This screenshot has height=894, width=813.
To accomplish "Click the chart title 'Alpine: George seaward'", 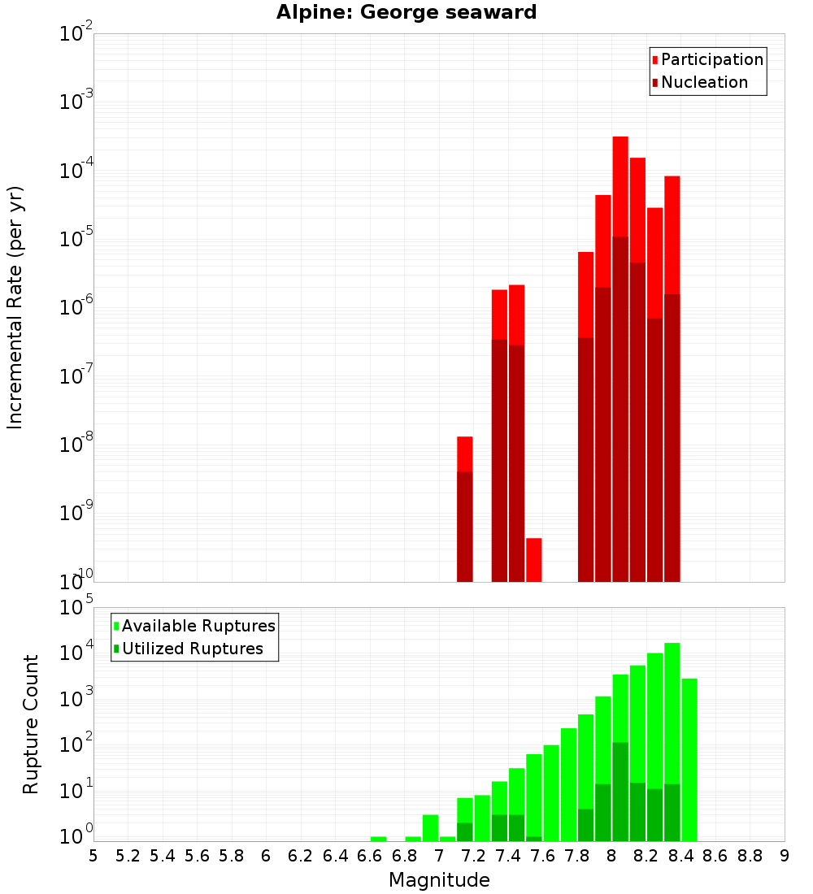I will tap(406, 12).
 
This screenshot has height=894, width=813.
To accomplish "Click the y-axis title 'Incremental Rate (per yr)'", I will tap(15, 307).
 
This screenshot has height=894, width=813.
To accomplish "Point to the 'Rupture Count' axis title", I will tap(31, 723).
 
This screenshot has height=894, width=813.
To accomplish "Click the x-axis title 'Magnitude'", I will tap(439, 880).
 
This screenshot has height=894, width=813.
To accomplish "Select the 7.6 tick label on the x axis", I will tap(543, 856).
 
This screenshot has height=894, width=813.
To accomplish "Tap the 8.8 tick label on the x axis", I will tap(750, 856).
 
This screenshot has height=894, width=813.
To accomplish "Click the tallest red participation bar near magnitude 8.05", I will tap(620, 187).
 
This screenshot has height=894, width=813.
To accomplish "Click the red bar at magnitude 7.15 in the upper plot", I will tap(465, 454).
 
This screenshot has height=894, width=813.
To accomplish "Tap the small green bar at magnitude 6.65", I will tap(379, 839).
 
